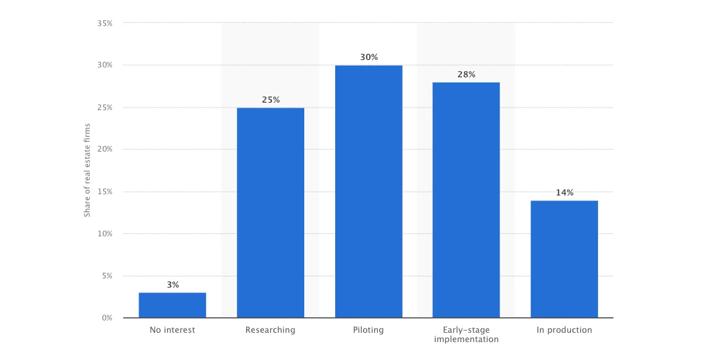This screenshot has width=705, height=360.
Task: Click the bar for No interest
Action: tap(172, 305)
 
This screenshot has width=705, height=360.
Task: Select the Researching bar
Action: tap(270, 213)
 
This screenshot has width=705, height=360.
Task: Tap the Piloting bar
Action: tap(369, 192)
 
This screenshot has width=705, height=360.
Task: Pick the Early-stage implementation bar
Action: tap(466, 200)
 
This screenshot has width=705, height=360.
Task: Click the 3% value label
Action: tap(173, 285)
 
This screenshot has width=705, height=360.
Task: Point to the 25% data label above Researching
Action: tap(270, 100)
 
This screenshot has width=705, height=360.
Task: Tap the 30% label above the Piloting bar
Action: tap(369, 58)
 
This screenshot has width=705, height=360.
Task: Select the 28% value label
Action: tap(466, 75)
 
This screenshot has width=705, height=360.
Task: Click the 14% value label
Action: tap(564, 193)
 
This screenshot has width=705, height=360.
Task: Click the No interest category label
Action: tap(172, 330)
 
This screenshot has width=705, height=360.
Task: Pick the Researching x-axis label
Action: tap(270, 330)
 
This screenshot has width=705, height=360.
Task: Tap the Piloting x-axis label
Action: tap(369, 330)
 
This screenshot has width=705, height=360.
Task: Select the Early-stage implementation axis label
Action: tap(466, 335)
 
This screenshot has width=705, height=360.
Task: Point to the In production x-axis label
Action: tap(564, 330)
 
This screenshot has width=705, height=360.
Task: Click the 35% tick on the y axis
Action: tap(105, 24)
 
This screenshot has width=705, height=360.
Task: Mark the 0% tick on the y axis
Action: tap(108, 318)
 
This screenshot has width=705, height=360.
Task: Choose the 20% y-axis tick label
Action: tap(105, 150)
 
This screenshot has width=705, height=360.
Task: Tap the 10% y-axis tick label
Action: tap(105, 234)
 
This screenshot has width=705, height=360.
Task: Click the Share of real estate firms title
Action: tap(87, 170)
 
